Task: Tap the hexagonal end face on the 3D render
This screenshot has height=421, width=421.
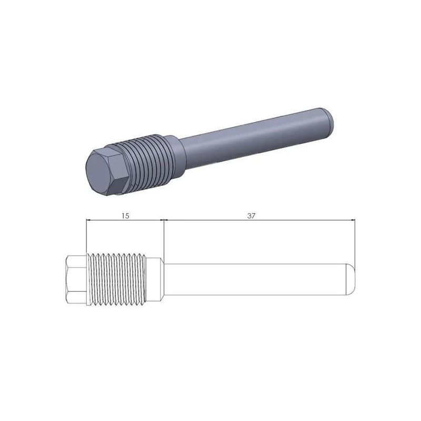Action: [104, 171]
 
